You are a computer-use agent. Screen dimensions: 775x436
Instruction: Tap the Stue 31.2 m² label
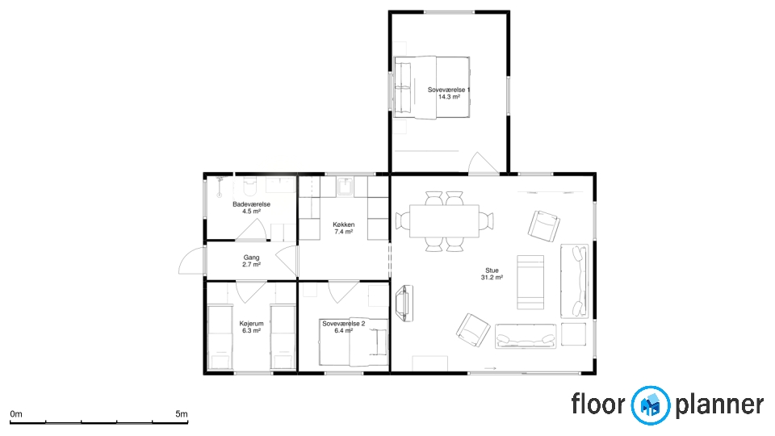point(492,274)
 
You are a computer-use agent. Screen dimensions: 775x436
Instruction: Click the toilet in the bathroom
point(250,186)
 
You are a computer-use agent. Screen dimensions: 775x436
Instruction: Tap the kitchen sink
point(345,186)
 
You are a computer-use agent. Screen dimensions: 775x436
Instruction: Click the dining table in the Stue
point(444,221)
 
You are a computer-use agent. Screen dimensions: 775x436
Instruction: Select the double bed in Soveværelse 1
point(432,87)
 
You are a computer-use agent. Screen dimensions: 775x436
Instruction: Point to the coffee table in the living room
point(530,283)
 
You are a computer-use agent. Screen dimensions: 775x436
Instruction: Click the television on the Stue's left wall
point(404,303)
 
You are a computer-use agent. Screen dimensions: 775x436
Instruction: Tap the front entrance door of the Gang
point(192,261)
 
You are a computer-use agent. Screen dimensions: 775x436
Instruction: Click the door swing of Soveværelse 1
point(484,163)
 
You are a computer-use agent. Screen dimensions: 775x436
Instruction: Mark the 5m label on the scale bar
point(182,414)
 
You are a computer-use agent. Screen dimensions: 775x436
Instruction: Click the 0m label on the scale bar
point(16,414)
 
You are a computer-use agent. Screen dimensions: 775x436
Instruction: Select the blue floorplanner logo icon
point(651,405)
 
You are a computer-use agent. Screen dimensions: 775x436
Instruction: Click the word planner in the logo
point(719,405)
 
